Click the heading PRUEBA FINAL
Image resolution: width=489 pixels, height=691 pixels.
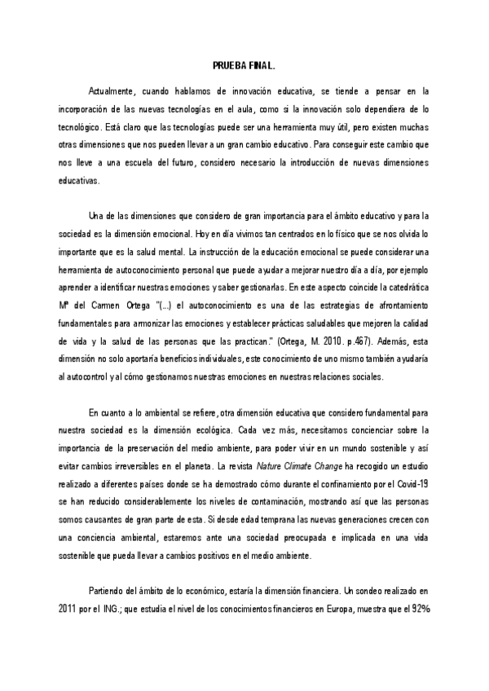click(x=244, y=68)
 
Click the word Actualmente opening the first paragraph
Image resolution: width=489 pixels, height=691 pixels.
click(x=115, y=92)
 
